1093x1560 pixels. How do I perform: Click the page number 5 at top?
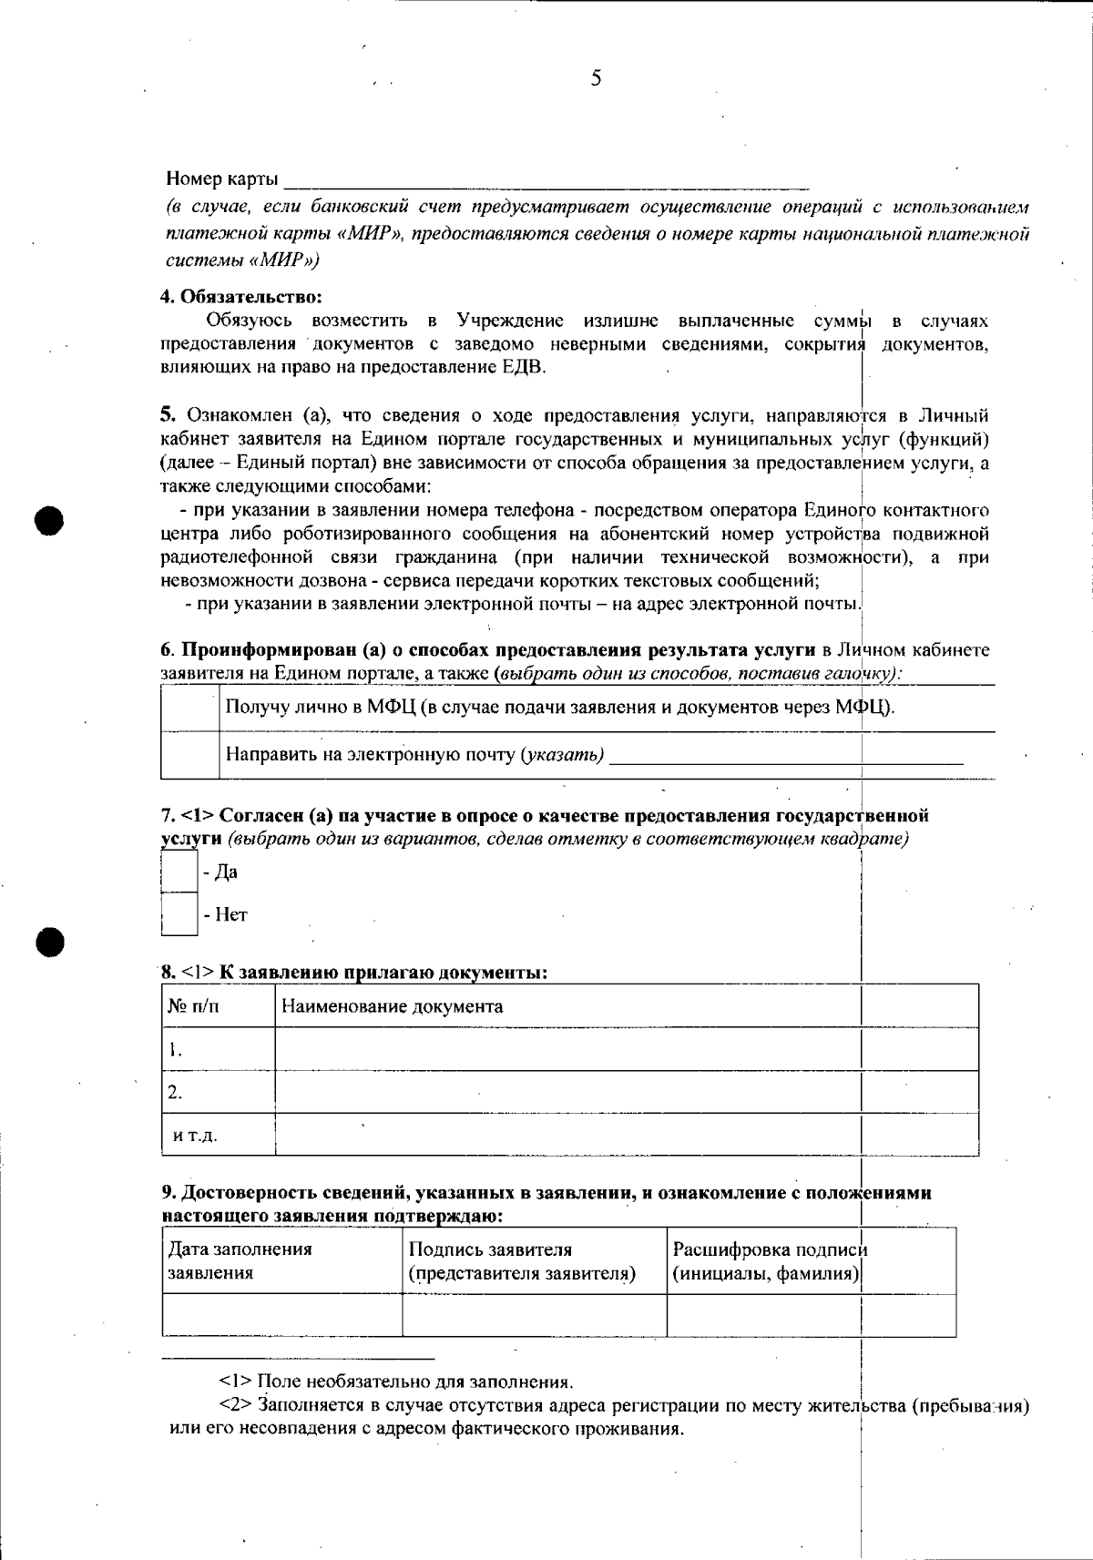596,78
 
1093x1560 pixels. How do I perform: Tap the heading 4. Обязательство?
242,296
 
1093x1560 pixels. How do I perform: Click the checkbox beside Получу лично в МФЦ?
189,708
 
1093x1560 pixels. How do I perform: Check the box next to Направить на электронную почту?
189,755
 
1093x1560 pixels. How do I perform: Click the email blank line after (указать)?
785,756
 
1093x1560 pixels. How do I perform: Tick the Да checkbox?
179,872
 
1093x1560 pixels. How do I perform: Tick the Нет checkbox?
179,914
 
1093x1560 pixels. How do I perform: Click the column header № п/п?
194,1006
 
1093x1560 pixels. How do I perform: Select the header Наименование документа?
393,1006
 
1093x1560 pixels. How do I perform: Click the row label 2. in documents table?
175,1091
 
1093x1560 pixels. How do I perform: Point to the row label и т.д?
195,1135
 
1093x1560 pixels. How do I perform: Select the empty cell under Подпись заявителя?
535,1315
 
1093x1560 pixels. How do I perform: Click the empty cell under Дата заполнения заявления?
282,1315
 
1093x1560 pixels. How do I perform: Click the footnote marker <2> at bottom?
233,1405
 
